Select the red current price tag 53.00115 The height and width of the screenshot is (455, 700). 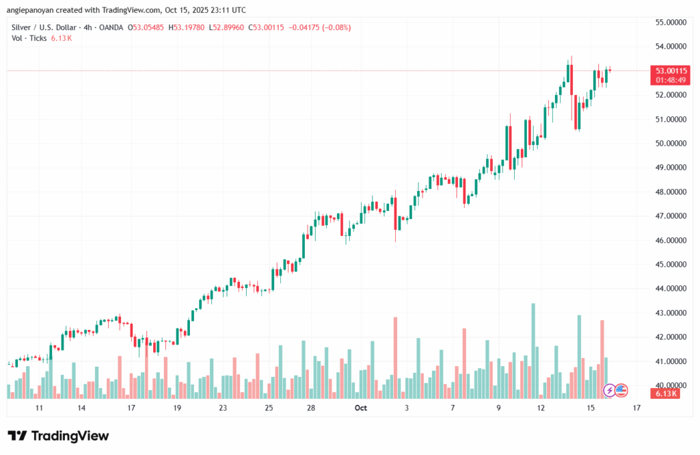(x=672, y=70)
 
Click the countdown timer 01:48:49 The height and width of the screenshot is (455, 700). (x=672, y=80)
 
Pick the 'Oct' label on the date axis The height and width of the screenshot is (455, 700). (x=361, y=408)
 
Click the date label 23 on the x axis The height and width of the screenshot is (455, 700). (x=223, y=408)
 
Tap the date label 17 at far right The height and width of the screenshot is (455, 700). (x=636, y=408)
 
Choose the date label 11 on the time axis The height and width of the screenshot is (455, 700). (x=39, y=408)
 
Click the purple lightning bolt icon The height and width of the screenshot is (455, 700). (x=609, y=391)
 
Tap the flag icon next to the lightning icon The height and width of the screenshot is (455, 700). (x=621, y=391)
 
